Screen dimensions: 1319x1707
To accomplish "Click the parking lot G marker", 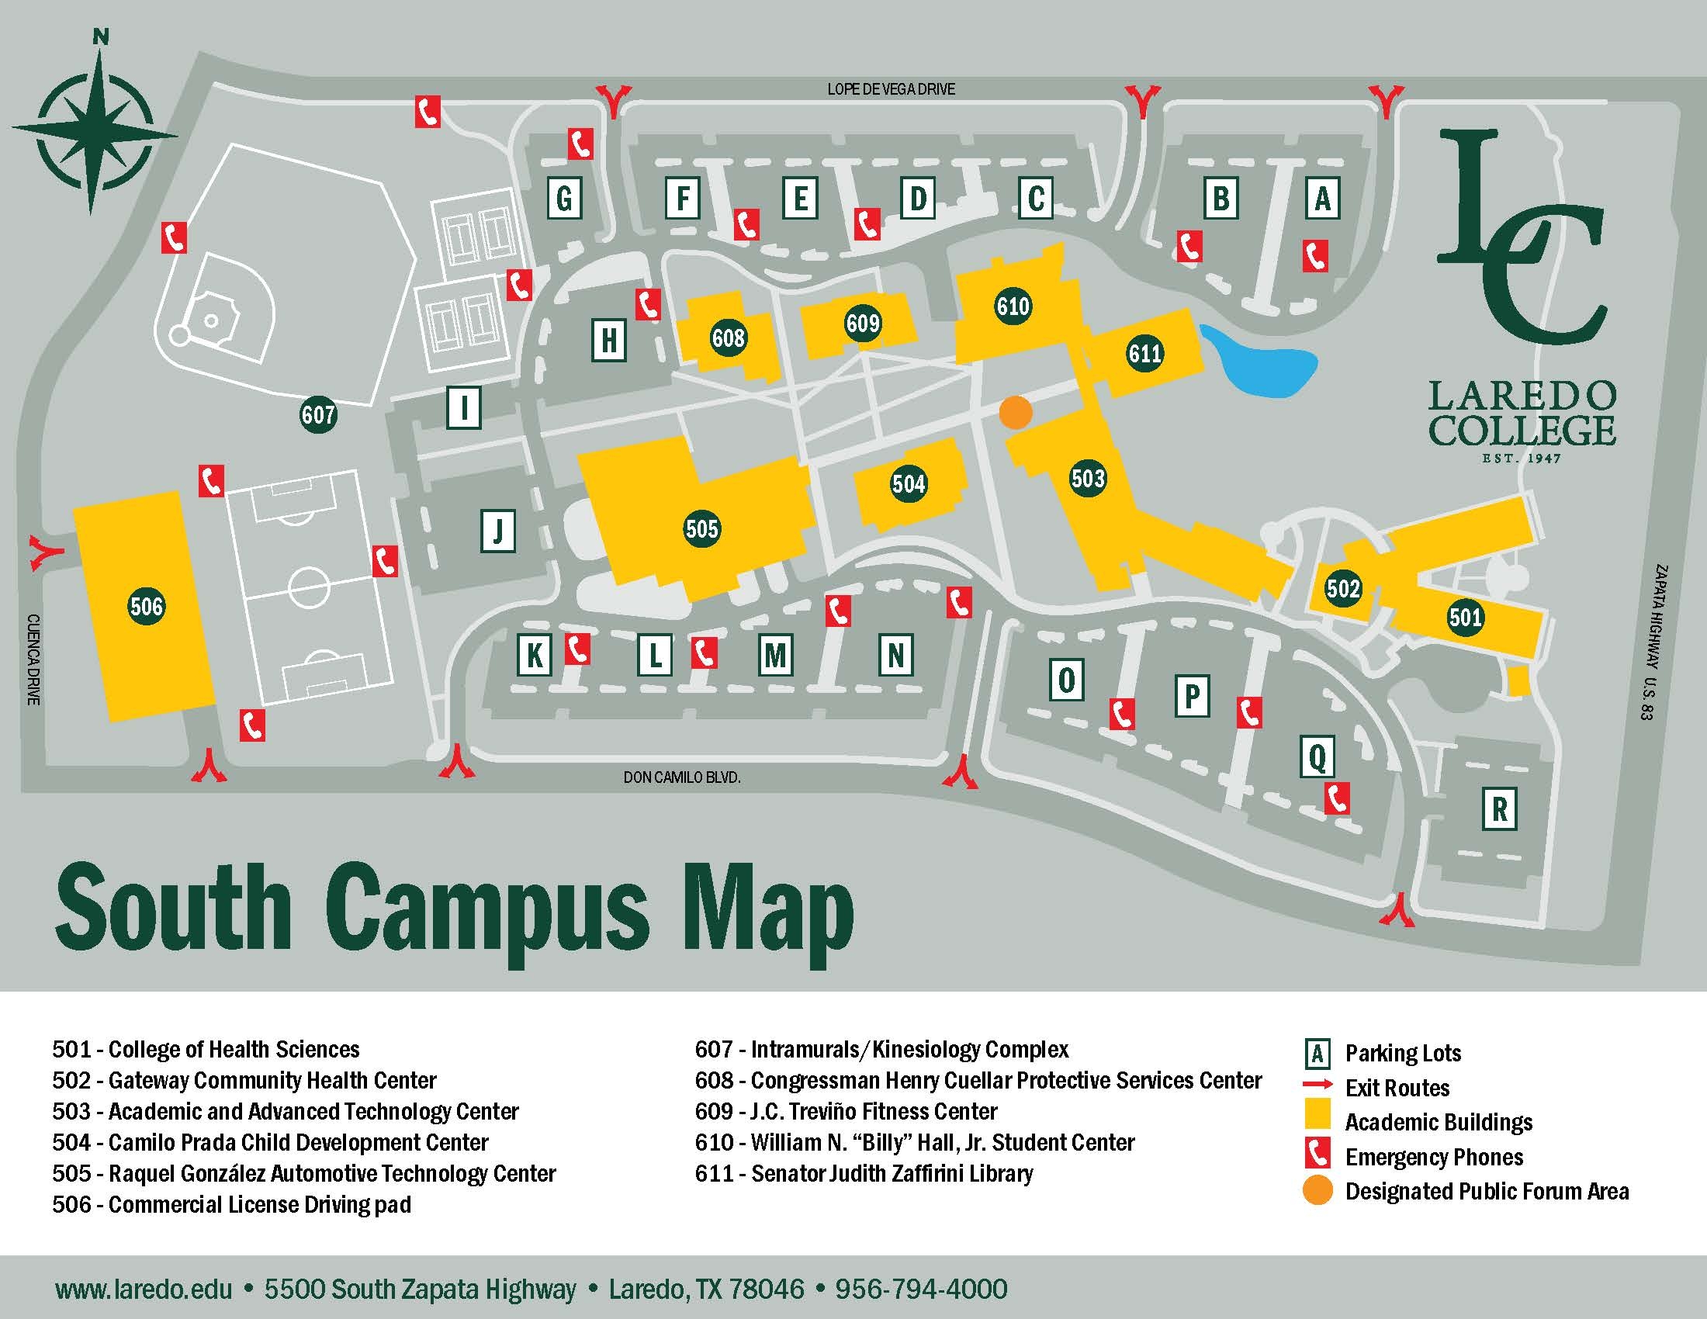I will click(563, 199).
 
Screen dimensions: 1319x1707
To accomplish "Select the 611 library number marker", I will click(1144, 353).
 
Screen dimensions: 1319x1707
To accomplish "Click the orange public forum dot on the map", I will click(1016, 412).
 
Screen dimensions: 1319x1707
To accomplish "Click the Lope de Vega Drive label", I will click(891, 89).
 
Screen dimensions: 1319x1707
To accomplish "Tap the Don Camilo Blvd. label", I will click(681, 777).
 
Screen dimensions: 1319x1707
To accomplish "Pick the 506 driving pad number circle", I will click(146, 606).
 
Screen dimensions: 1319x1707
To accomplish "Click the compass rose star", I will click(95, 129).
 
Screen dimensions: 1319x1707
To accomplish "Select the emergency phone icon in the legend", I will click(1317, 1156).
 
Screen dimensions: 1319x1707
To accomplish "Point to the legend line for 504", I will click(271, 1142).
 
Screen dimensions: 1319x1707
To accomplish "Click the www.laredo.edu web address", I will click(144, 1289).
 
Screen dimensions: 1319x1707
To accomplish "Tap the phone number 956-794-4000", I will click(921, 1289).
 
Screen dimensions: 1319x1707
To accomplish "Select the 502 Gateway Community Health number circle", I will click(1343, 587).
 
